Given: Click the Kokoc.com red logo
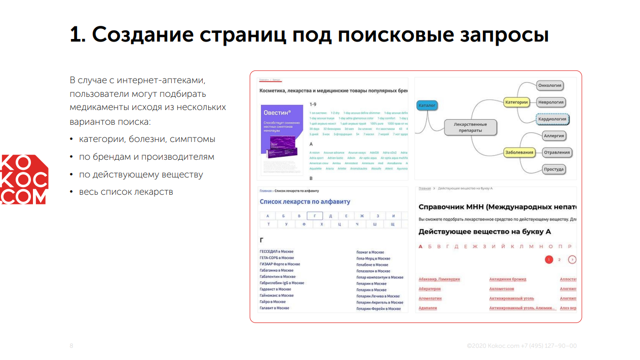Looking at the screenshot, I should pos(24,179).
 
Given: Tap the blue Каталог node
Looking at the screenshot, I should pos(427,105).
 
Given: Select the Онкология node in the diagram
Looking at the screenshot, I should pos(550,85).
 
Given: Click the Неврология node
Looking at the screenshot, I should pos(551,102).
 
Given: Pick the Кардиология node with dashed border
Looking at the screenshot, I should pos(552,119).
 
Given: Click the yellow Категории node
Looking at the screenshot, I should pos(516,102).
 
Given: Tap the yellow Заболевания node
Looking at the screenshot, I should pos(519,152).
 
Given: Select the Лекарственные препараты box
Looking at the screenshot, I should pos(470,127).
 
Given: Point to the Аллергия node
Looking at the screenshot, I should pos(554,136).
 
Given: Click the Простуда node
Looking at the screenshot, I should pos(553,169).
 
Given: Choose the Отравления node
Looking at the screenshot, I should pos(557,152).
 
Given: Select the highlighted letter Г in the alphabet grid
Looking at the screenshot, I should pos(314,216).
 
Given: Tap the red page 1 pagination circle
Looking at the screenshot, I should pos(549,260).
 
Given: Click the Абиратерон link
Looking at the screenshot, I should pos(430,289).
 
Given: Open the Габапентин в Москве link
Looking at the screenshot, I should pos(277,277).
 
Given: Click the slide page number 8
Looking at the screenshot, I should pos(71,346).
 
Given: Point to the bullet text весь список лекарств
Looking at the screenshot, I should pos(126,192).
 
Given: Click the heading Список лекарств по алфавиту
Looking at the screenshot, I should pos(296,202).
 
